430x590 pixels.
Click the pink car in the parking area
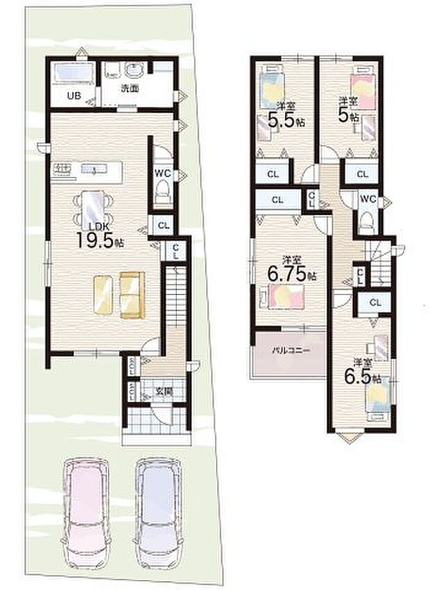coord(87,507)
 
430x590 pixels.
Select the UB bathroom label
coord(73,96)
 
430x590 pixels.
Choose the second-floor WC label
coord(368,199)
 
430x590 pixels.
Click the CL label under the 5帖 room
coord(362,174)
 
